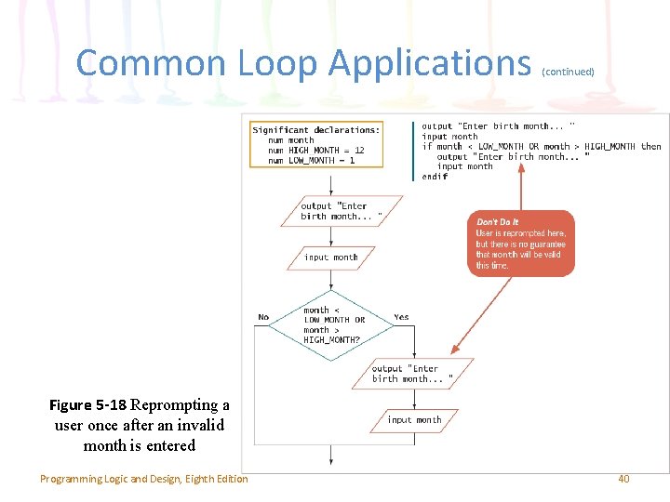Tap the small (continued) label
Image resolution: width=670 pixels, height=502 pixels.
click(568, 71)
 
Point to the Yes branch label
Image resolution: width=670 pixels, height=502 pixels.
click(401, 317)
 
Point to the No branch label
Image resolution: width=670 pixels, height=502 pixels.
click(263, 317)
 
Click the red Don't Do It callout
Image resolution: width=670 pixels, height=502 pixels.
click(520, 243)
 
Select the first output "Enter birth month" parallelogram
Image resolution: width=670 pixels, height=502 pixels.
click(341, 211)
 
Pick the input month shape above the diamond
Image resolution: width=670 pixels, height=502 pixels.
click(330, 257)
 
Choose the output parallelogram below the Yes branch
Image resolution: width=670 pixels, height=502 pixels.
click(412, 374)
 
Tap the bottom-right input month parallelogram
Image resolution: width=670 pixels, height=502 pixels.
click(414, 420)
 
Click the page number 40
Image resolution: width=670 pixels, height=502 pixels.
click(623, 479)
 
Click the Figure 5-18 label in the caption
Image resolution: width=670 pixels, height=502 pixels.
click(87, 405)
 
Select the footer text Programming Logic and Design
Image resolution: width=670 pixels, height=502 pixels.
click(143, 479)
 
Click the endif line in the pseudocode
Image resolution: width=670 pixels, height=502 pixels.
click(435, 177)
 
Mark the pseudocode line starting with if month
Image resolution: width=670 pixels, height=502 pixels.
click(541, 146)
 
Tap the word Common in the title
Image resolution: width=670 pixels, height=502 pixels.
click(151, 63)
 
